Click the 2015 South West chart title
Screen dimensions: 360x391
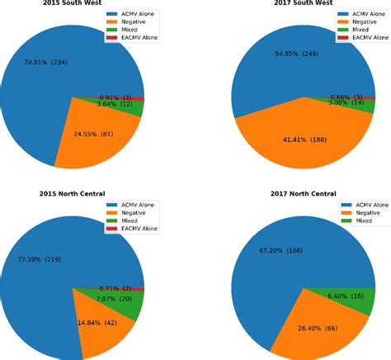(72, 3)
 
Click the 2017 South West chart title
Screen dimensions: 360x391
(304, 3)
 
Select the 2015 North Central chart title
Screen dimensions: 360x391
(72, 193)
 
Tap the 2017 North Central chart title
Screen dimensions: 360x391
(304, 193)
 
